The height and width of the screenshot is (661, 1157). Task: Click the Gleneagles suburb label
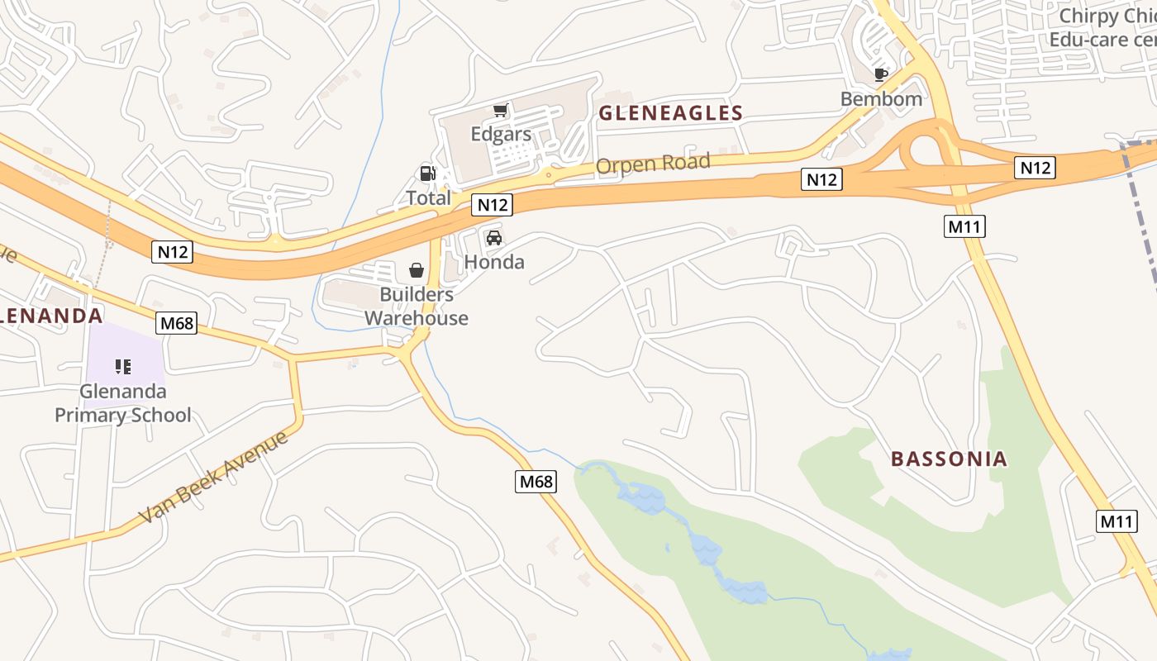(670, 113)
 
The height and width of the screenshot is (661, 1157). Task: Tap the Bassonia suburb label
(949, 459)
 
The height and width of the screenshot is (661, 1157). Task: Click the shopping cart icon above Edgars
(500, 111)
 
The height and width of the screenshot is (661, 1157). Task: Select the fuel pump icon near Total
(427, 174)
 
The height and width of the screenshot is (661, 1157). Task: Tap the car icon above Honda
(494, 238)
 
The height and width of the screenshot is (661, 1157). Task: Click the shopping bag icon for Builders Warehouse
(417, 270)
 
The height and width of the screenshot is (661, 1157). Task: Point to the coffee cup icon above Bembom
(881, 75)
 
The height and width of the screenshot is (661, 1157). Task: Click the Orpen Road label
(652, 164)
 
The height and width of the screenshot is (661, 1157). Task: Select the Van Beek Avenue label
(212, 477)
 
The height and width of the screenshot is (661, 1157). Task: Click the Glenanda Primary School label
(123, 403)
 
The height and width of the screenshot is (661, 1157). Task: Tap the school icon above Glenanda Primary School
(123, 366)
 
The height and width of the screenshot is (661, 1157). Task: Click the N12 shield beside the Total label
(493, 205)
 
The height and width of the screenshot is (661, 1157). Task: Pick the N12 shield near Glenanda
(172, 252)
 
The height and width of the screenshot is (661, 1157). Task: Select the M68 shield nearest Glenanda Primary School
(177, 323)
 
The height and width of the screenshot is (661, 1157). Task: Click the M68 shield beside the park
(536, 481)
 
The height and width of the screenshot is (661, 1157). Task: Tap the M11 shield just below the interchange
(964, 226)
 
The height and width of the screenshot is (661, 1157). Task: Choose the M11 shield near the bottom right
(1117, 521)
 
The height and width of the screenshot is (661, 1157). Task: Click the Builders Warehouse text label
(417, 307)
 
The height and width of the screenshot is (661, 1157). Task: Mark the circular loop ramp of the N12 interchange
(925, 151)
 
